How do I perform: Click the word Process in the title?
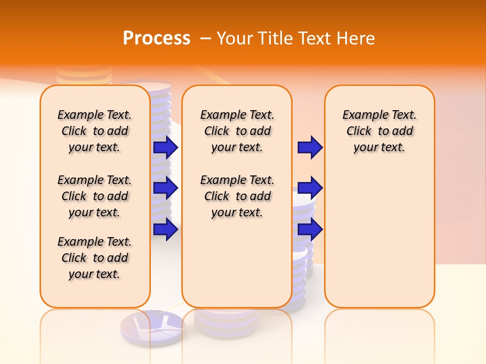click(156, 38)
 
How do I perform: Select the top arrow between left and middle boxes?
click(165, 148)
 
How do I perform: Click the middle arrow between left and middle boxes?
click(165, 189)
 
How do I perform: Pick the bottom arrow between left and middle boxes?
click(165, 230)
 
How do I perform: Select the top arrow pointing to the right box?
click(310, 148)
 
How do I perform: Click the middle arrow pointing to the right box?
click(310, 189)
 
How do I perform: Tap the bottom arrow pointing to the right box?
click(310, 230)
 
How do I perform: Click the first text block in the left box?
click(95, 131)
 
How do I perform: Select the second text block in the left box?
click(95, 196)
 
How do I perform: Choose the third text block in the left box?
click(95, 258)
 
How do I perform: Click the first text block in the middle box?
click(237, 131)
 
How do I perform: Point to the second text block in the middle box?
click(237, 196)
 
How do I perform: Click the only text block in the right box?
click(379, 131)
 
